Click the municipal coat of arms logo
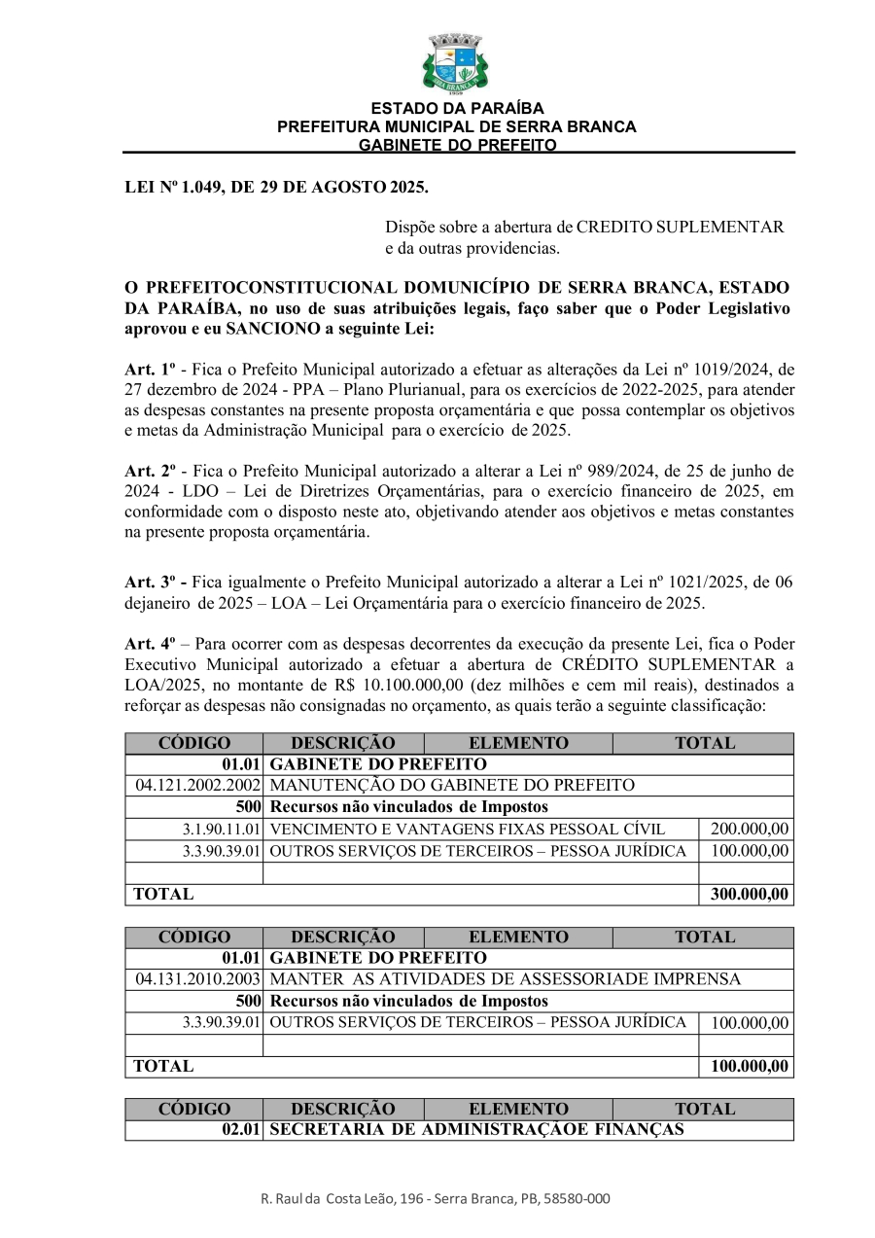tap(455, 63)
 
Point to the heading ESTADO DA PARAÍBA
tap(457, 109)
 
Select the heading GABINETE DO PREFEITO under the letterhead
tap(457, 145)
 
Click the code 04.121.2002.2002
tap(197, 785)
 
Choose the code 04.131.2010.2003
tap(197, 979)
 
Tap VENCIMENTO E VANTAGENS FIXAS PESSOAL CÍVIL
tap(467, 830)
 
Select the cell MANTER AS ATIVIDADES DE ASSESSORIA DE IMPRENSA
tap(505, 979)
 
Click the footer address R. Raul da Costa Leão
tap(436, 1199)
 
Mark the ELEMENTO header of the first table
tap(518, 743)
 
